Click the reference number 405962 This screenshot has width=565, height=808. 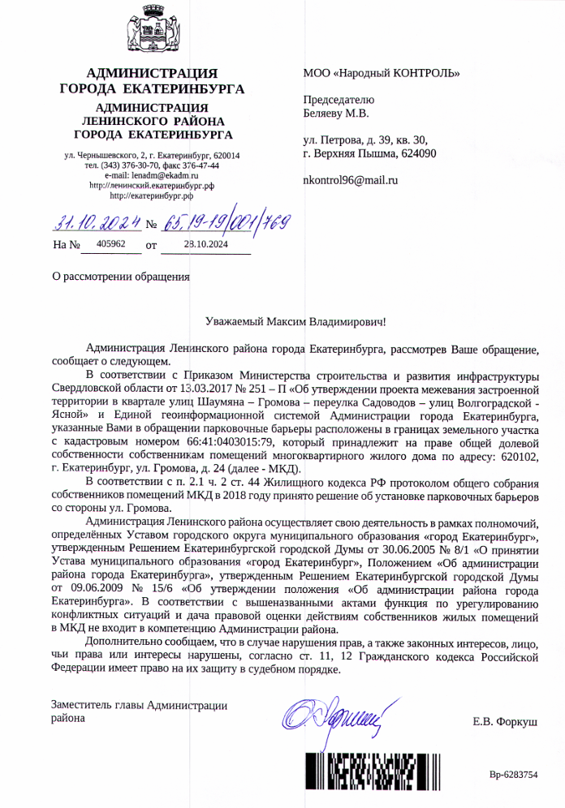(x=110, y=243)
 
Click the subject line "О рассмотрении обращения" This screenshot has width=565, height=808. (x=120, y=276)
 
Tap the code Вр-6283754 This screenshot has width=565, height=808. (x=513, y=775)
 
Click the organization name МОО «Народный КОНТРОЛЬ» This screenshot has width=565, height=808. (x=381, y=74)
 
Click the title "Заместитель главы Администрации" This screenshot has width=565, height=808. (x=139, y=706)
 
